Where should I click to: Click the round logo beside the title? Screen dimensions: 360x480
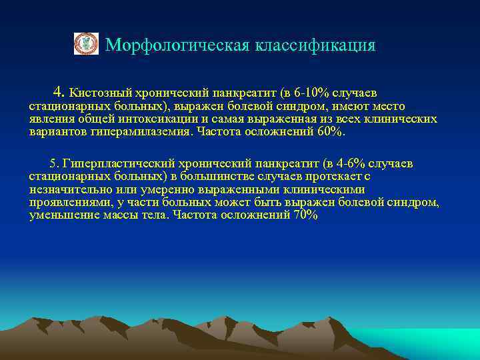click(x=85, y=45)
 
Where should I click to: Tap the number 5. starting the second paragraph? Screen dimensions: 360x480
click(x=55, y=164)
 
